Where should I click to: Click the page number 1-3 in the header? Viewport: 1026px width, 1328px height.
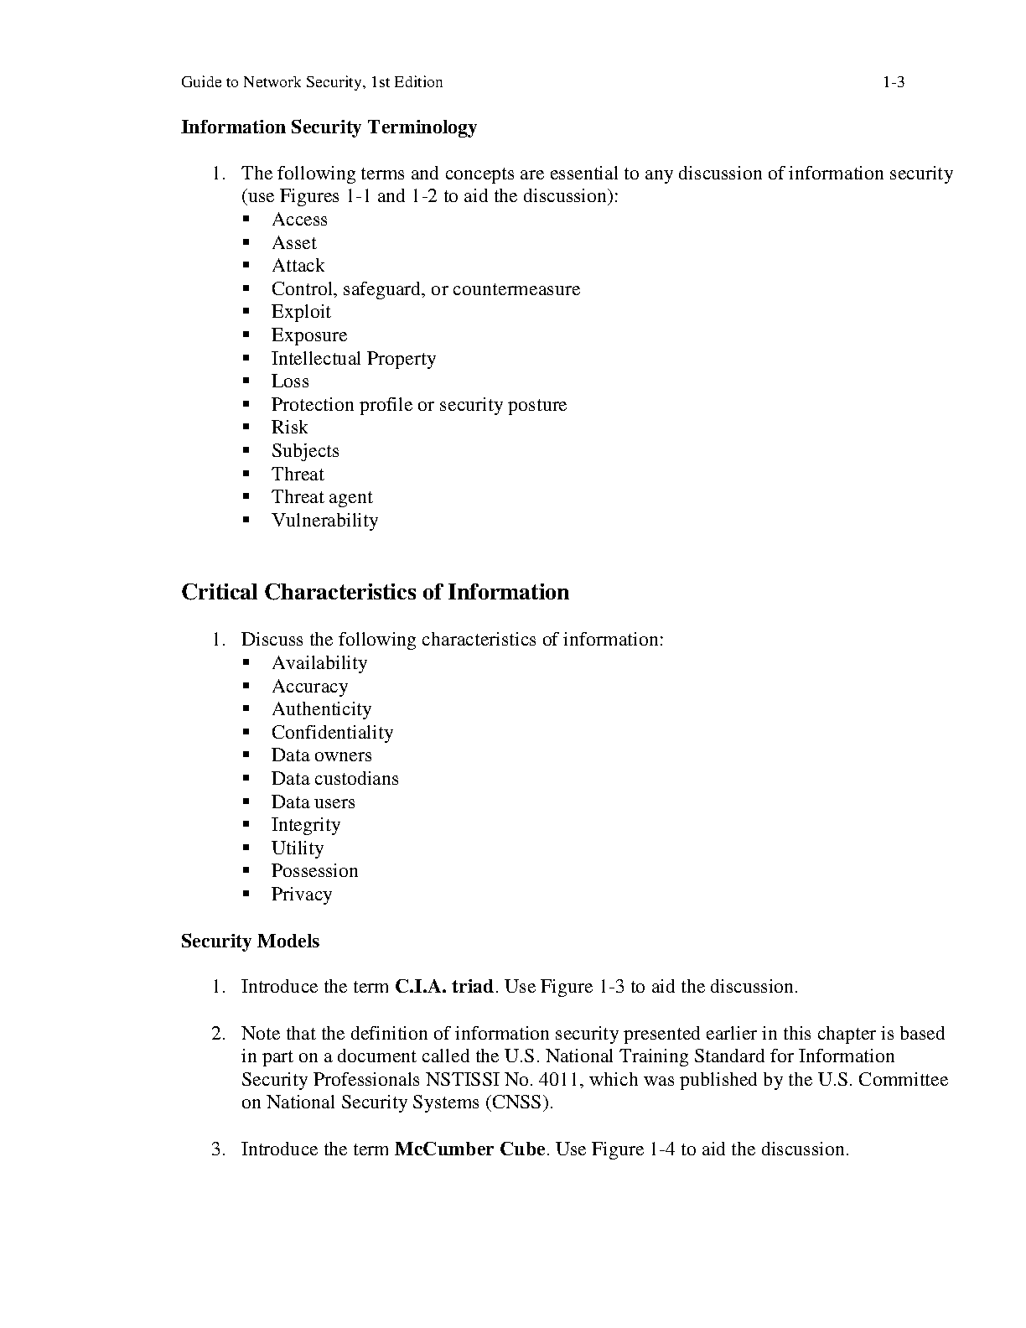click(893, 82)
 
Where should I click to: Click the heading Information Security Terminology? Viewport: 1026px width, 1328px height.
click(329, 127)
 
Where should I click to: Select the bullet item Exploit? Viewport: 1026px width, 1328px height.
click(301, 312)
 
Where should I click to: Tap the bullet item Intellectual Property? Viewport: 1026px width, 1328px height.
click(353, 359)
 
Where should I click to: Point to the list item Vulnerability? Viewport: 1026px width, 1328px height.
click(324, 521)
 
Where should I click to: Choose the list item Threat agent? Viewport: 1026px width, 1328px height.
click(322, 497)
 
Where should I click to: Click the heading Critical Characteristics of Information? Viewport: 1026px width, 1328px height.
click(375, 593)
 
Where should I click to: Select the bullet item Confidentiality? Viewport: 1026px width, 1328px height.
click(332, 733)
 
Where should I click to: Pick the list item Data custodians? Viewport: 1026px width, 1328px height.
click(334, 779)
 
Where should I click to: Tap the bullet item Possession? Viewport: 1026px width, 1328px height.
click(314, 871)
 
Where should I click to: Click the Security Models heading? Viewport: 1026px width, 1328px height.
click(250, 942)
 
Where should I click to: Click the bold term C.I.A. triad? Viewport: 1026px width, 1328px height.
click(443, 987)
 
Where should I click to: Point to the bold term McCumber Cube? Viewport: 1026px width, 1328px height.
click(469, 1149)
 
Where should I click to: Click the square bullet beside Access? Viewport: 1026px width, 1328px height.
click(246, 219)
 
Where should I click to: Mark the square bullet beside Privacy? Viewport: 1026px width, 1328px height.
click(246, 894)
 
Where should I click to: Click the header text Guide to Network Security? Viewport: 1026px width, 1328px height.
click(272, 82)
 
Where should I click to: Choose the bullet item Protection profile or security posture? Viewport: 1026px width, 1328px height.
click(418, 405)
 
